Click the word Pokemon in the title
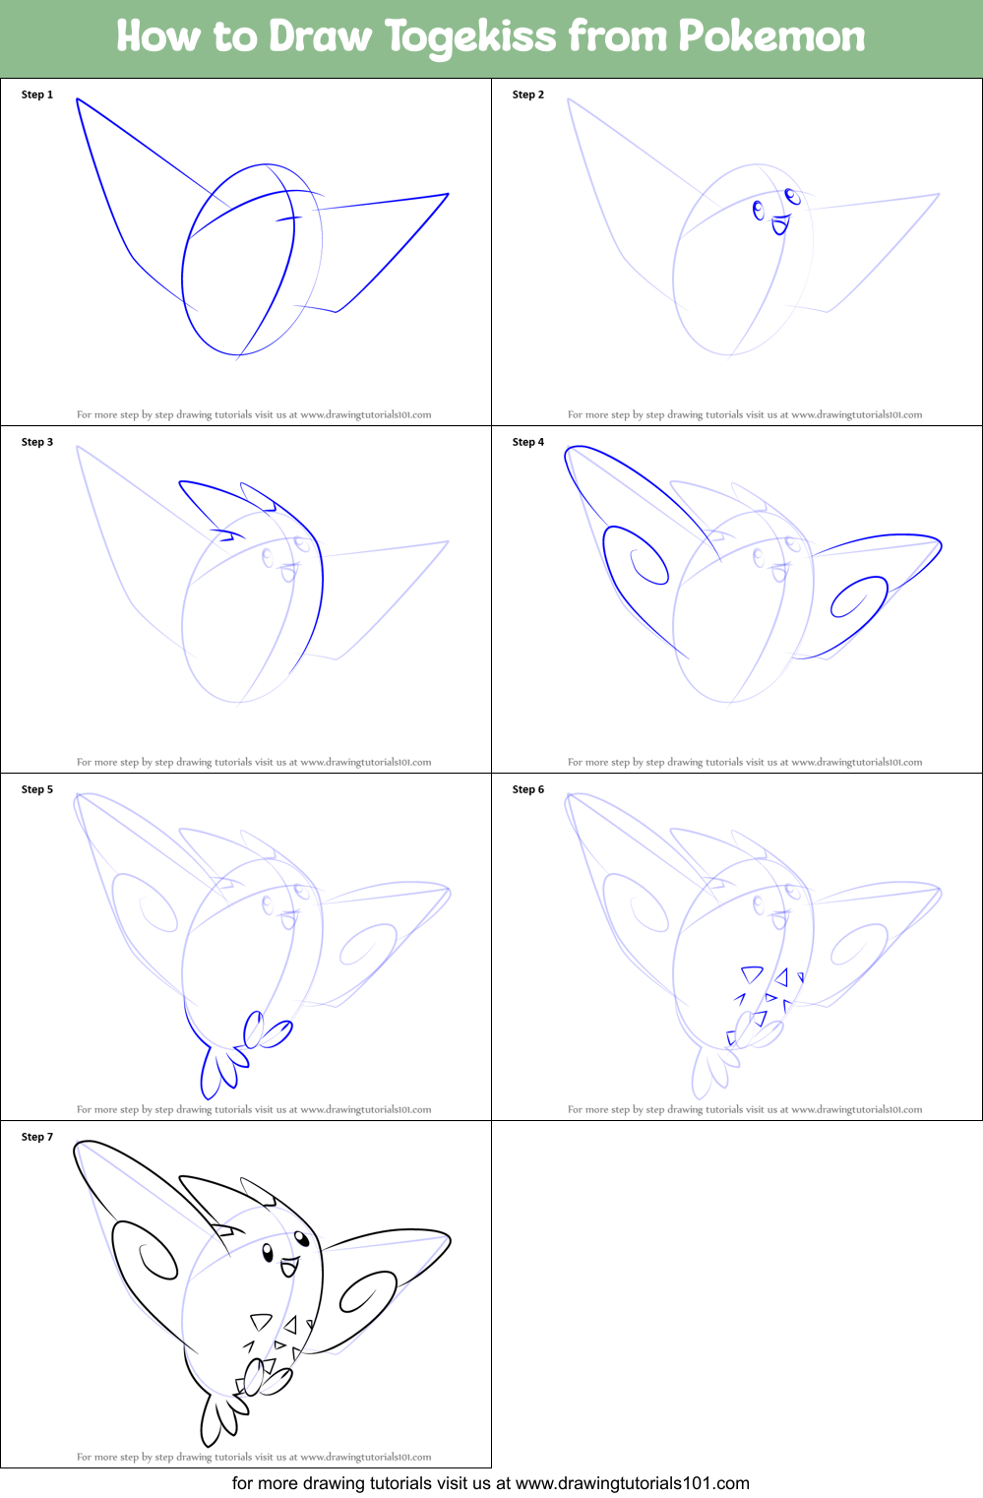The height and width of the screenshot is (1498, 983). click(x=771, y=36)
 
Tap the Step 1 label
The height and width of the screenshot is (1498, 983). click(x=37, y=94)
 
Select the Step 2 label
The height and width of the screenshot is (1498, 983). click(x=528, y=94)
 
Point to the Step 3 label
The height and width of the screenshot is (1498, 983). click(x=37, y=442)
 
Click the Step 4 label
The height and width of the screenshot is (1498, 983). click(x=528, y=442)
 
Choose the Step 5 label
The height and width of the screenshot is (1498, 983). click(x=37, y=789)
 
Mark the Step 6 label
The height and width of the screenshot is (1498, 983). click(x=528, y=789)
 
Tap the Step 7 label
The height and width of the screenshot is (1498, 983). click(x=37, y=1137)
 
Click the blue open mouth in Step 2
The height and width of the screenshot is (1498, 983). click(x=780, y=225)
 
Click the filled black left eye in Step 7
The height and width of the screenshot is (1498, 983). click(x=268, y=1253)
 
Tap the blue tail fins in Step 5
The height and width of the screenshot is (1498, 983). click(x=218, y=1073)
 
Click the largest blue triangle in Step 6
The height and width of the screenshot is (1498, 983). click(x=753, y=974)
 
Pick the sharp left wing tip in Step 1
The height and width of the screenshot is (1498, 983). click(x=78, y=99)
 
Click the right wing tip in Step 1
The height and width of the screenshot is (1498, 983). click(x=448, y=195)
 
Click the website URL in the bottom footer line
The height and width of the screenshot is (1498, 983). click(x=632, y=1483)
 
